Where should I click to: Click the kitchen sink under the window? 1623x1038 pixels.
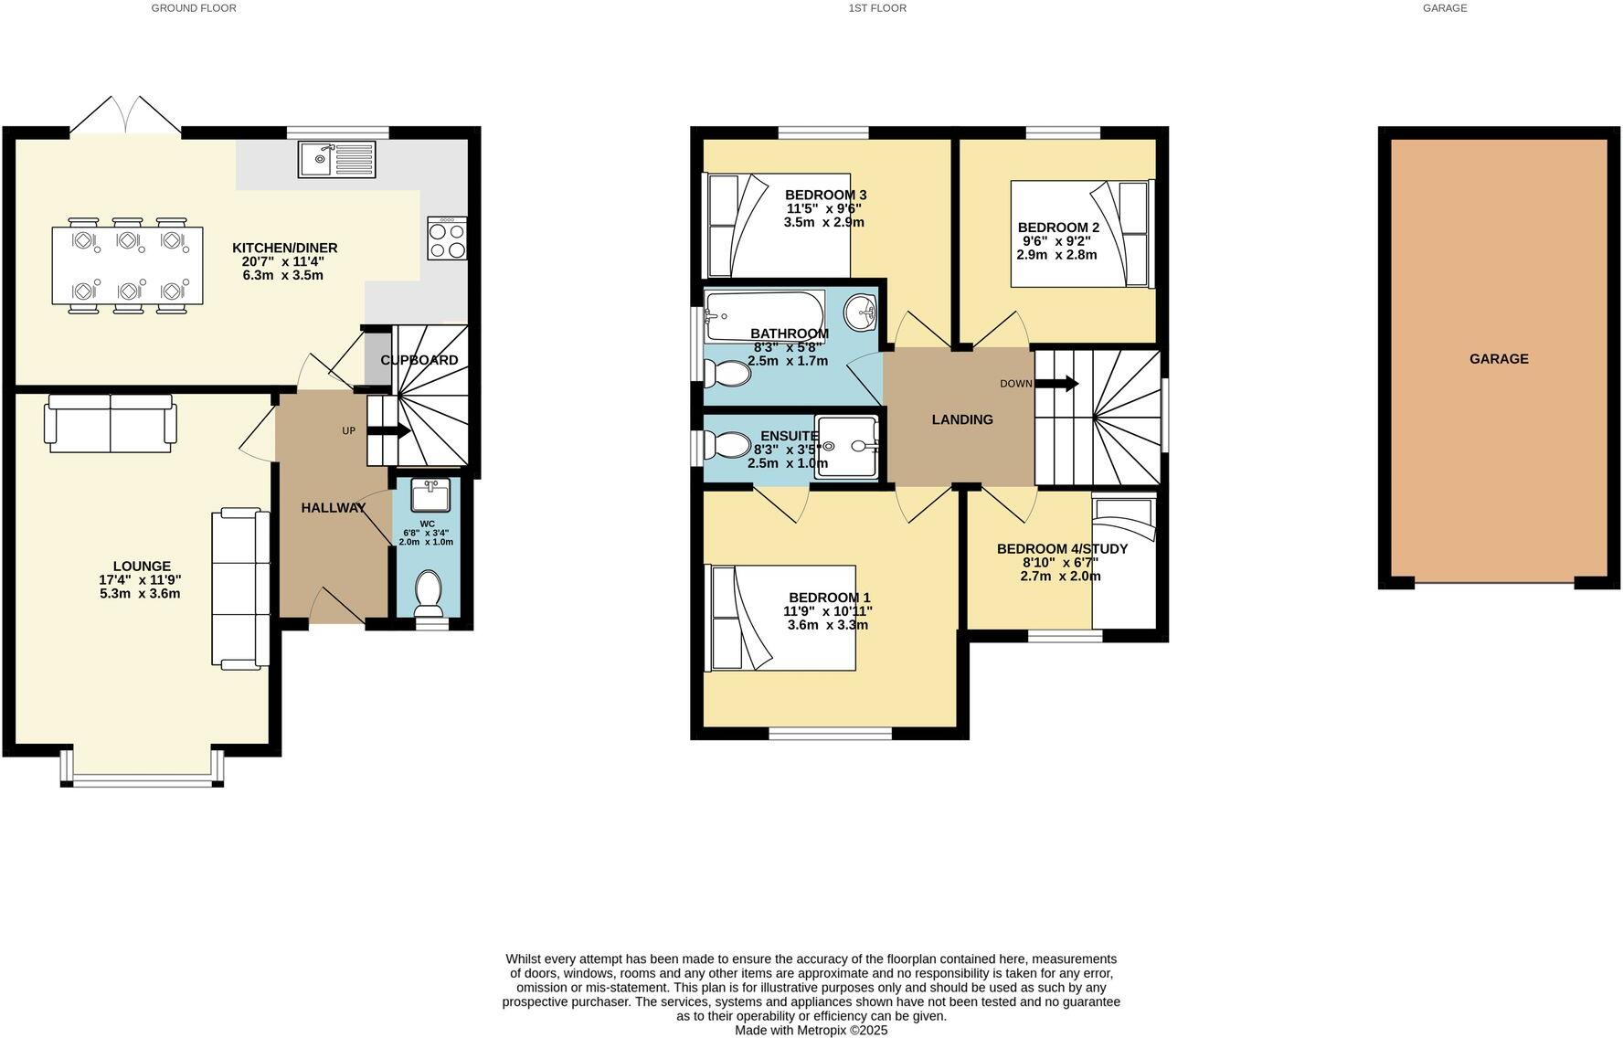336,160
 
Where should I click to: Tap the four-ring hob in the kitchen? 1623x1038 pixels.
447,238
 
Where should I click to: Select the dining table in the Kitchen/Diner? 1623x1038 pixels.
127,266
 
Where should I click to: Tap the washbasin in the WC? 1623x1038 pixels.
430,496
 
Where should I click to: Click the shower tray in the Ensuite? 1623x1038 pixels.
846,447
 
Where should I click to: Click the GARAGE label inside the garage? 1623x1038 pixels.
1499,359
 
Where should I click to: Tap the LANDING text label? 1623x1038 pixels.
962,419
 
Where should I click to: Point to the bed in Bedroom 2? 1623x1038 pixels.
1080,235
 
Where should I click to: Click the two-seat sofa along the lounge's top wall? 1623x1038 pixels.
111,423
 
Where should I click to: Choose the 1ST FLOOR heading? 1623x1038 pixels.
876,8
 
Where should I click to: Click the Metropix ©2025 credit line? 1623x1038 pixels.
811,1030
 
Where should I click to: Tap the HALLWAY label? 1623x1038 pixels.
334,508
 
